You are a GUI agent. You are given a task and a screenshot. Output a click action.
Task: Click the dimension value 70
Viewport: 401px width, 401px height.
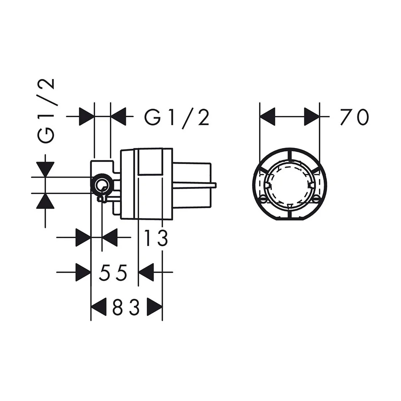click(x=355, y=117)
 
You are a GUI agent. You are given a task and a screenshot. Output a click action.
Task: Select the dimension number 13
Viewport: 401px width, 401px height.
click(x=156, y=238)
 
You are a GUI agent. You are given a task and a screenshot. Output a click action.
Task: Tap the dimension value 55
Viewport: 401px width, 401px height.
click(x=113, y=272)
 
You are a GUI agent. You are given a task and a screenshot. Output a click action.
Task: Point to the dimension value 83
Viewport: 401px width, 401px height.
click(x=126, y=307)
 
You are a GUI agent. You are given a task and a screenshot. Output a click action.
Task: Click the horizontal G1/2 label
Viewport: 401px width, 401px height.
click(x=177, y=117)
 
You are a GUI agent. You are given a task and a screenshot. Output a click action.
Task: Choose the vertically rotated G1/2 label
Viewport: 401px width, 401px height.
click(x=46, y=111)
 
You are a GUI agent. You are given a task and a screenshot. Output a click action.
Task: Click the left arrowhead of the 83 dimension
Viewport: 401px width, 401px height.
click(x=99, y=307)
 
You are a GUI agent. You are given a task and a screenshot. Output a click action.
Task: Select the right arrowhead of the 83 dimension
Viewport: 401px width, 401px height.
click(x=155, y=307)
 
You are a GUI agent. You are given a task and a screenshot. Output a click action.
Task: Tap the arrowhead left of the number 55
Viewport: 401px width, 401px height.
click(x=83, y=272)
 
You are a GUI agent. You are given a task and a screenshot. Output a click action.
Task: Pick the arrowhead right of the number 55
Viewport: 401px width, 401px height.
click(x=146, y=272)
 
